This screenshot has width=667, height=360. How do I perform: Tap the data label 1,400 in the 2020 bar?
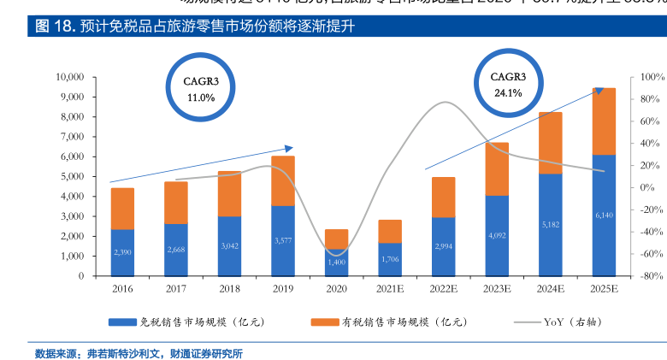pos(336,262)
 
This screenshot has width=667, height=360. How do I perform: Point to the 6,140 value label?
pos(605,215)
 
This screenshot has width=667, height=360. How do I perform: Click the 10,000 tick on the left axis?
pos(69,77)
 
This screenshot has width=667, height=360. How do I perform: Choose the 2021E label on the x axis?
pos(390,289)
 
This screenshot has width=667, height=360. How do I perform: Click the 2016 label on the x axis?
pos(122,289)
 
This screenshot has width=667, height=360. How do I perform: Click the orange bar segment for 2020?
pos(336,239)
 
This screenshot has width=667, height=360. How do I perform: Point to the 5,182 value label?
pos(551,225)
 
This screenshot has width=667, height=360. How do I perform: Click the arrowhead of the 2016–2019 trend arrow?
pos(289,148)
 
